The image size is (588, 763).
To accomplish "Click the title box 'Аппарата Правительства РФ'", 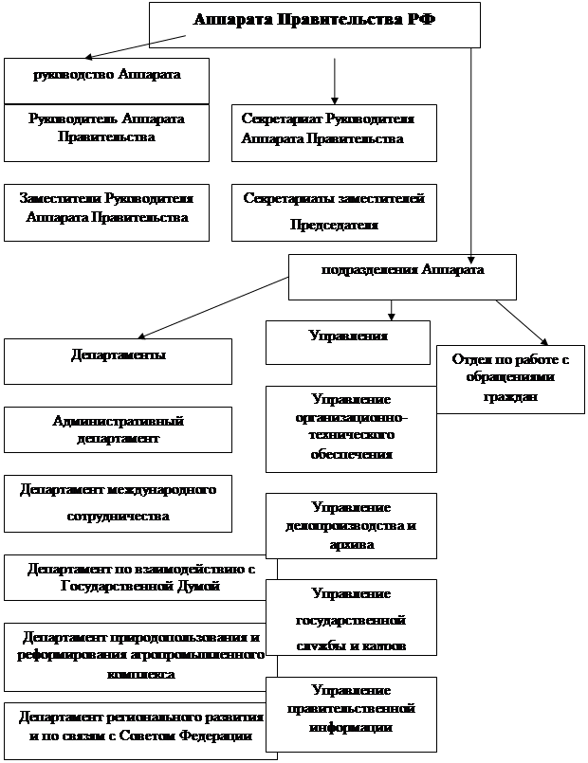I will click(x=314, y=23).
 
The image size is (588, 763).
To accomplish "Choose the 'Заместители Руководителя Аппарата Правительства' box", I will click(x=106, y=210).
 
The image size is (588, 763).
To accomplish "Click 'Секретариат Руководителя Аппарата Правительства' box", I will click(x=334, y=132).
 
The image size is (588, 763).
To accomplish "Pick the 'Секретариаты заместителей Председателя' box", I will click(x=334, y=211).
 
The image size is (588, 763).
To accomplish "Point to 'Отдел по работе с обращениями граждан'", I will click(x=510, y=378).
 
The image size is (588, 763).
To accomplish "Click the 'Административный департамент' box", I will click(x=118, y=429).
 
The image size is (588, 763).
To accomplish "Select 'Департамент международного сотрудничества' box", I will click(x=118, y=504).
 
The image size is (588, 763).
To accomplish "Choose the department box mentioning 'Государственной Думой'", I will click(x=139, y=577).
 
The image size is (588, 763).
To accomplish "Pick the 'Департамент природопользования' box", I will click(x=141, y=656).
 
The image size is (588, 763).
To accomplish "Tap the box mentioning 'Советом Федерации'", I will click(x=139, y=730).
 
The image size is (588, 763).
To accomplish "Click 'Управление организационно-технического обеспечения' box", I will click(x=350, y=427).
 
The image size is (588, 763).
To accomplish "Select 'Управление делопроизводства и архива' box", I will click(x=350, y=525).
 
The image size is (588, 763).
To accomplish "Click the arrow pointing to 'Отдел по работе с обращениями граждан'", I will click(x=521, y=322).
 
